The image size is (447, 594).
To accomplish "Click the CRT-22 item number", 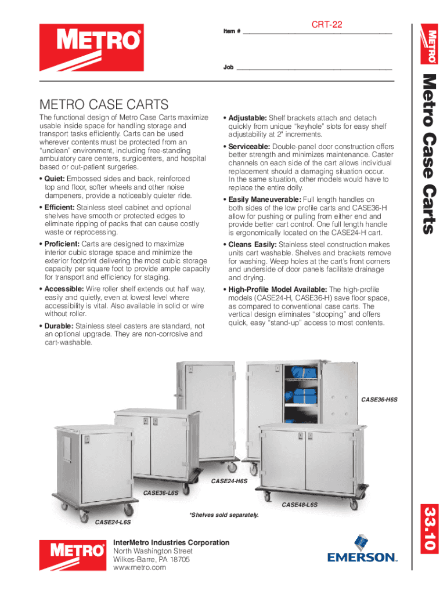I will tap(327, 24).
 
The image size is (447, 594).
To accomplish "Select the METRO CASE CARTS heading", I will tap(104, 104).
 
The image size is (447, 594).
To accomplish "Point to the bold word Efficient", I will tap(60, 207).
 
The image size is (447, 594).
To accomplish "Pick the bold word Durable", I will tap(59, 326).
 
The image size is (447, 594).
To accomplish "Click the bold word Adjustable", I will tap(247, 118).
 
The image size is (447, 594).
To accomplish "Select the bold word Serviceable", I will tap(250, 147).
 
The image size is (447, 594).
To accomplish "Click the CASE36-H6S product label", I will tap(380, 400).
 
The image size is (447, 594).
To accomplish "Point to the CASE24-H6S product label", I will tap(229, 481).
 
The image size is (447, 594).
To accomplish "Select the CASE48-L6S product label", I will tap(300, 505).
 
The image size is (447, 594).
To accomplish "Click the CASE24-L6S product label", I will tap(113, 523).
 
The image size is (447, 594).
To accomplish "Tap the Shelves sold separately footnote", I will tap(223, 515).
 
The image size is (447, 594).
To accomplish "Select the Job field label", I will tap(228, 67).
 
